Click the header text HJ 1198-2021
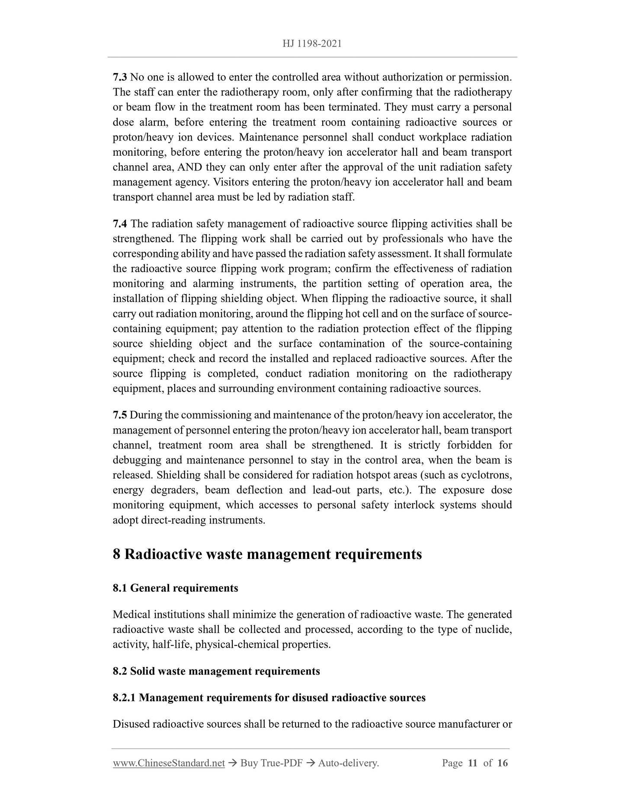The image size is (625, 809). [x=312, y=44]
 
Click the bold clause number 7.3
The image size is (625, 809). [x=119, y=77]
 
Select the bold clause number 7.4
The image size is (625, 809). [x=119, y=224]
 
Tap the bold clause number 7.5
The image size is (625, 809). [x=119, y=415]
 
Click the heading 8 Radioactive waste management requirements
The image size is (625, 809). [x=267, y=554]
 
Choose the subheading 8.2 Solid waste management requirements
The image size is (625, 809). [x=216, y=671]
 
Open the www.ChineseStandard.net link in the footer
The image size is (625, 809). [x=169, y=763]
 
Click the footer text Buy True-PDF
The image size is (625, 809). [x=271, y=763]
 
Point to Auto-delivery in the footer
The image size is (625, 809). [x=348, y=763]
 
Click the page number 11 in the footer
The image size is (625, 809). [x=472, y=763]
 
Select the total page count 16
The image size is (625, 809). [x=502, y=763]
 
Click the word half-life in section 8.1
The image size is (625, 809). [x=172, y=645]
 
